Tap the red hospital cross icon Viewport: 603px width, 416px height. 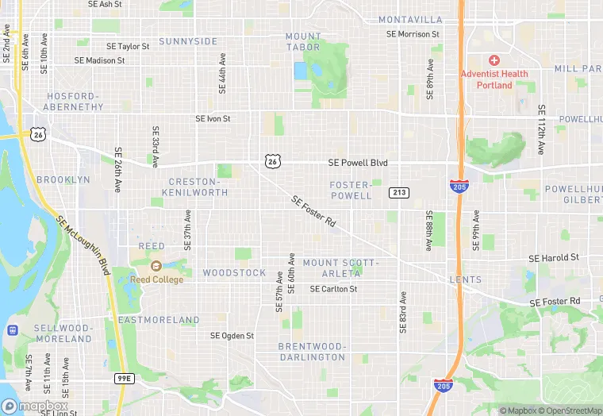coord(494,61)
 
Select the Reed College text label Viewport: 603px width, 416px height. coord(157,279)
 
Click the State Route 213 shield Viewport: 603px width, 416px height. coord(398,193)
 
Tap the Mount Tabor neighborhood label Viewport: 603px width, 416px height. coord(303,41)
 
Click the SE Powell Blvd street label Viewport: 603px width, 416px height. coord(358,163)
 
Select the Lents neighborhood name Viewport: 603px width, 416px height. coord(465,279)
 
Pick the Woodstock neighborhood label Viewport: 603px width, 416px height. coord(234,272)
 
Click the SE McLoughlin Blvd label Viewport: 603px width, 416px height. coord(83,248)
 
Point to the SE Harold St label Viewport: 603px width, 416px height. coord(554,258)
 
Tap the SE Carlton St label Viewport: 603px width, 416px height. coord(333,289)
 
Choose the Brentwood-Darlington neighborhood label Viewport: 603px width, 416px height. coord(312,352)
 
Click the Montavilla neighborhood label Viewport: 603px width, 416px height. coord(410,19)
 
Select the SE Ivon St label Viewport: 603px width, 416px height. coord(213,119)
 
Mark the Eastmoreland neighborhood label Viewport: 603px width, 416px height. coord(159,320)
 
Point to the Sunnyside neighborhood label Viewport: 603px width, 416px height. coord(188,41)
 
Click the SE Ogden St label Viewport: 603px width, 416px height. coord(232,336)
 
